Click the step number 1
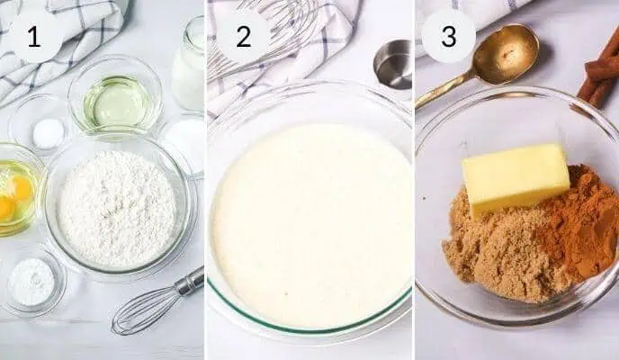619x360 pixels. click(x=34, y=38)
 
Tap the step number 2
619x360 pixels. click(x=243, y=37)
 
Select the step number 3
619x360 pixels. click(x=449, y=36)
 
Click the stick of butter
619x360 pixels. click(x=516, y=180)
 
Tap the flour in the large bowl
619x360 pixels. click(x=117, y=208)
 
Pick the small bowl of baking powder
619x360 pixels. click(x=31, y=281)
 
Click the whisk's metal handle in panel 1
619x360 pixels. click(x=190, y=281)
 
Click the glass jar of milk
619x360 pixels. click(x=188, y=64)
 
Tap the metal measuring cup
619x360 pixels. click(x=393, y=64)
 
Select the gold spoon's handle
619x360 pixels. click(x=444, y=90)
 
